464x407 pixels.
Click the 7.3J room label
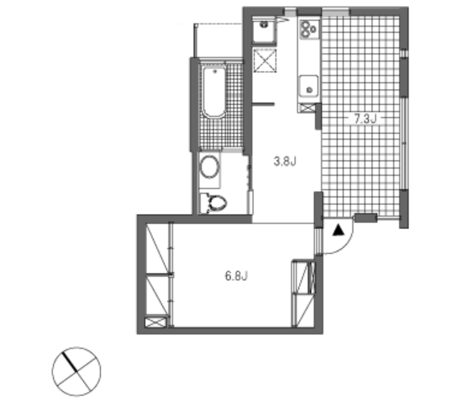(x=365, y=119)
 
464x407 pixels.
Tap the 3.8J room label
(x=284, y=162)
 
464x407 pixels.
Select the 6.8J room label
(x=236, y=276)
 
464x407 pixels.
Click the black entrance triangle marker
(x=338, y=230)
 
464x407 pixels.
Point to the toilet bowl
(x=216, y=203)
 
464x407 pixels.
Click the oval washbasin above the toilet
(x=209, y=167)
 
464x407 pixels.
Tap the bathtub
(x=214, y=91)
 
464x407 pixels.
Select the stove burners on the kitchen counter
(x=309, y=29)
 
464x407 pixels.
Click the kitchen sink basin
(x=309, y=86)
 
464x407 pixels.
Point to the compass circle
(x=76, y=371)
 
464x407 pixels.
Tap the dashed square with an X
(x=264, y=60)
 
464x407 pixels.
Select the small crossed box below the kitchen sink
(x=308, y=107)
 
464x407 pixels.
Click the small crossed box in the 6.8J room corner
(x=155, y=322)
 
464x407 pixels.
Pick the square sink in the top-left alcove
(x=264, y=30)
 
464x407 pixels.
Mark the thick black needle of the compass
(x=70, y=361)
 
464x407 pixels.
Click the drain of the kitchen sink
(x=309, y=89)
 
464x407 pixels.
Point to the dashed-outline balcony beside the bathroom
(x=219, y=41)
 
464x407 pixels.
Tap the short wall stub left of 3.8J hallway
(x=263, y=104)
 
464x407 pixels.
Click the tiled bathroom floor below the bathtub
(x=221, y=133)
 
